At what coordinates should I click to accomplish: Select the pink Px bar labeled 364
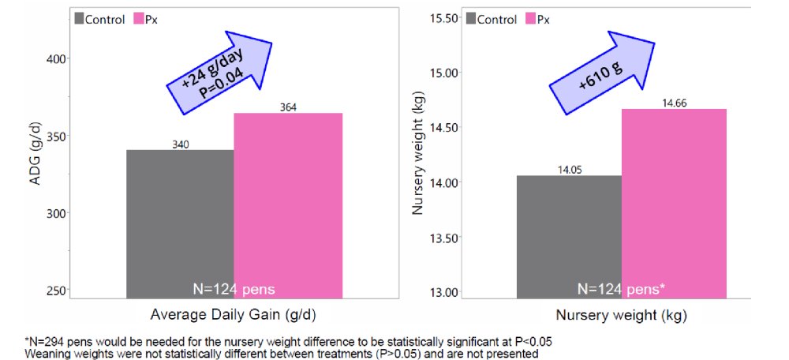[x=288, y=205]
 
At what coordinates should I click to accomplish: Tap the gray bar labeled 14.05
[x=568, y=236]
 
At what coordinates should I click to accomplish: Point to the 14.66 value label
[x=674, y=103]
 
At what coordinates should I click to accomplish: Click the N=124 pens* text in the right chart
[x=620, y=288]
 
